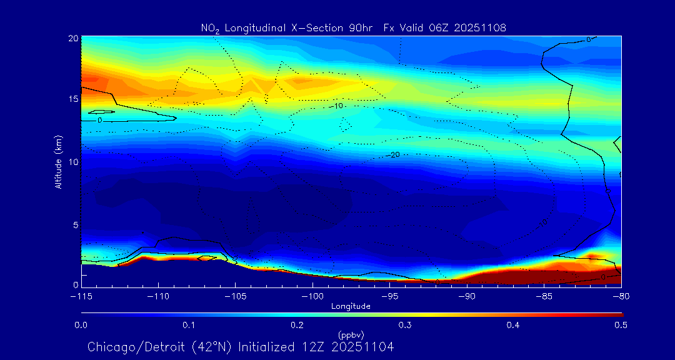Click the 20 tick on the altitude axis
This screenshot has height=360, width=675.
tap(73, 38)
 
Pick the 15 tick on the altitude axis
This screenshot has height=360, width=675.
tap(73, 99)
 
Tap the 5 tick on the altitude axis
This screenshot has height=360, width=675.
tap(75, 224)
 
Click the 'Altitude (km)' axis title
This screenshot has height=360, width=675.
tap(58, 161)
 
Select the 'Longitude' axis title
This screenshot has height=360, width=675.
tap(351, 306)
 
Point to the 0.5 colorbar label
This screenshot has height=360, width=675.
tap(621, 325)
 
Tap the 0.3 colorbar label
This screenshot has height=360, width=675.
tap(405, 325)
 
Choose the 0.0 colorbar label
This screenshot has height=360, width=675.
tap(81, 325)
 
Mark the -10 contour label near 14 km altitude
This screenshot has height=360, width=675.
tap(337, 106)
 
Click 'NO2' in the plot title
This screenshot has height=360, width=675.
tap(211, 28)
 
